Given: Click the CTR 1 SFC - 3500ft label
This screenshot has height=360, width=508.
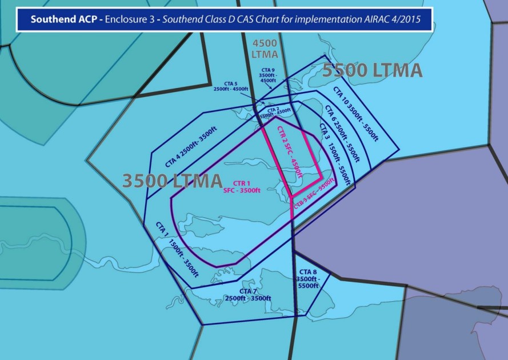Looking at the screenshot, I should coord(242,186).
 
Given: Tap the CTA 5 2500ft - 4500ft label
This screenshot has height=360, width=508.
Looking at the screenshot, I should coord(231,86).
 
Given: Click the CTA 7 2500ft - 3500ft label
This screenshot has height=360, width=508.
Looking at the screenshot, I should coord(247,295).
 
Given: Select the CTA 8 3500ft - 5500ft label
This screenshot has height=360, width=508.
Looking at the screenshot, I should coord(308,278).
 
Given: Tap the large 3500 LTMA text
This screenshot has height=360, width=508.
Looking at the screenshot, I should coord(172,181).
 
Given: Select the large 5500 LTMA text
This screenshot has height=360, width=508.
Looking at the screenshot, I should coord(372,70).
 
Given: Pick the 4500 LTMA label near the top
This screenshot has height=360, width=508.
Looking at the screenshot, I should coord(265,49).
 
